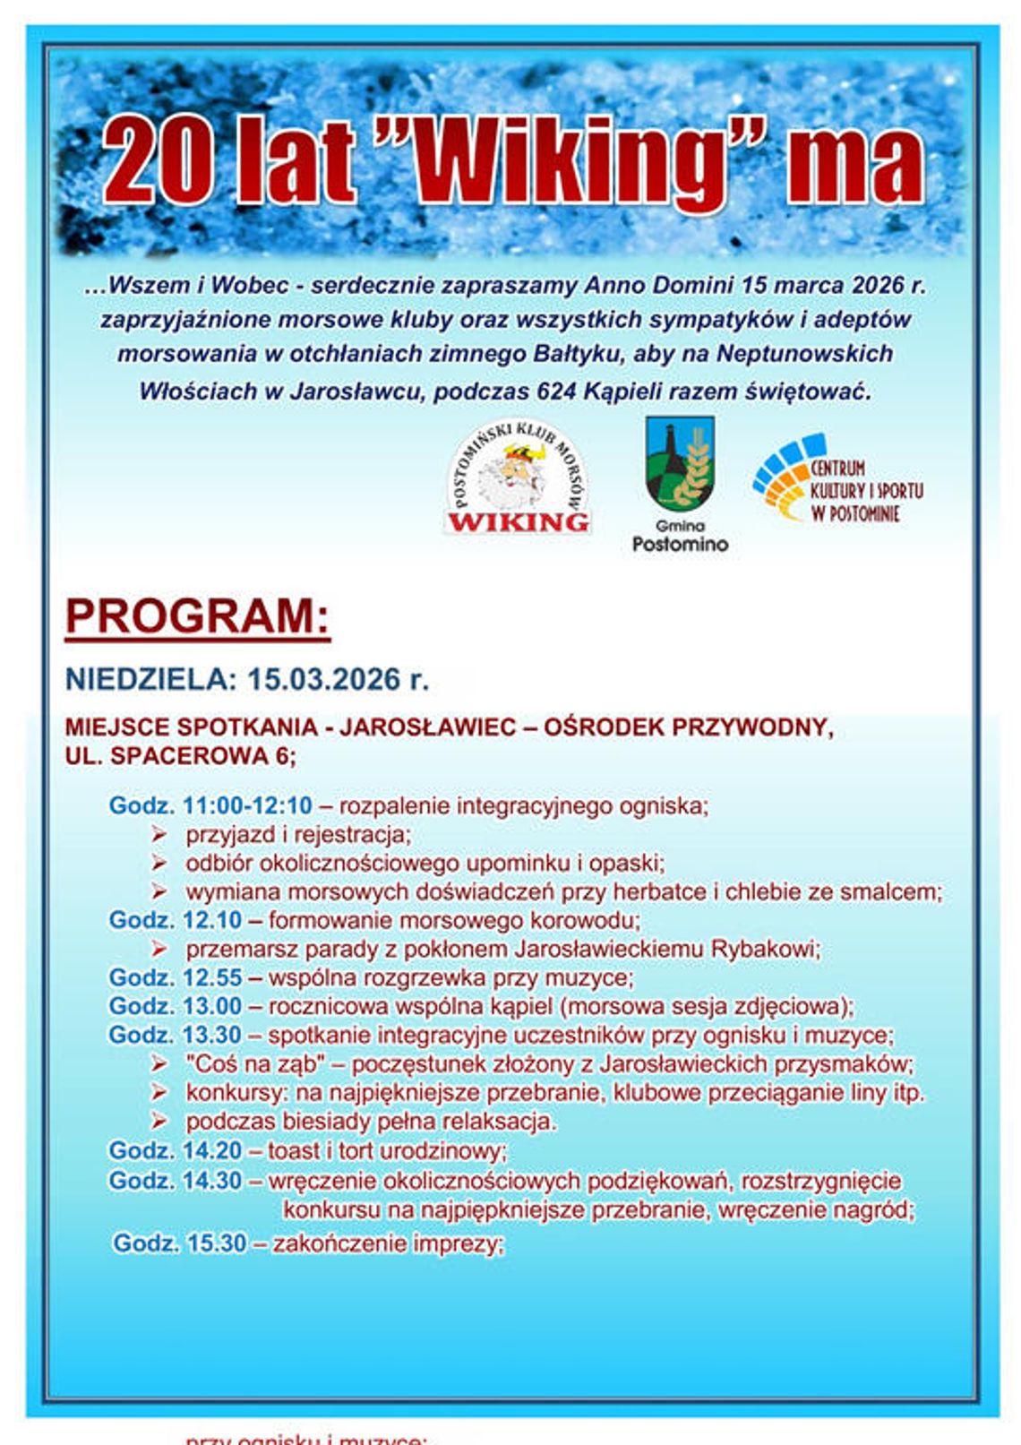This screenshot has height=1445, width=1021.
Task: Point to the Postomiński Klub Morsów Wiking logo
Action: click(x=518, y=479)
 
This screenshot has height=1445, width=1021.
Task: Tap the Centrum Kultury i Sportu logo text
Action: click(x=865, y=491)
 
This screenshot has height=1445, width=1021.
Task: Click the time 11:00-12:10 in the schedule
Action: click(x=247, y=805)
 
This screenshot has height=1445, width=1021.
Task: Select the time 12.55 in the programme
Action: click(x=212, y=977)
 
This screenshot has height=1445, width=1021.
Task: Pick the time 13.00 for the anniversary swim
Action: click(x=212, y=1006)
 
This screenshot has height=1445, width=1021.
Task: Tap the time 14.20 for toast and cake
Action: click(x=212, y=1150)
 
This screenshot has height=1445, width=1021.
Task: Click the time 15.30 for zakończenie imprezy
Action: click(x=216, y=1243)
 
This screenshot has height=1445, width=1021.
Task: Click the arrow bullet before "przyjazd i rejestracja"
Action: click(x=159, y=835)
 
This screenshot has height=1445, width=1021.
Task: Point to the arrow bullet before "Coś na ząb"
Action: click(x=159, y=1064)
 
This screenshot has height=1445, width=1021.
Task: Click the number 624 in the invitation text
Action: click(x=556, y=391)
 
